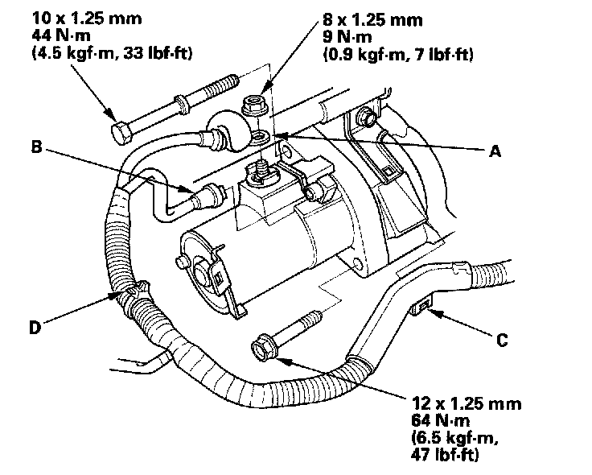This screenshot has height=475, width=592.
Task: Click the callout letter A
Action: (495, 151)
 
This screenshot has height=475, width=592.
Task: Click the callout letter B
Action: (37, 147)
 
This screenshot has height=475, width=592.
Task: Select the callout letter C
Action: (501, 341)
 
